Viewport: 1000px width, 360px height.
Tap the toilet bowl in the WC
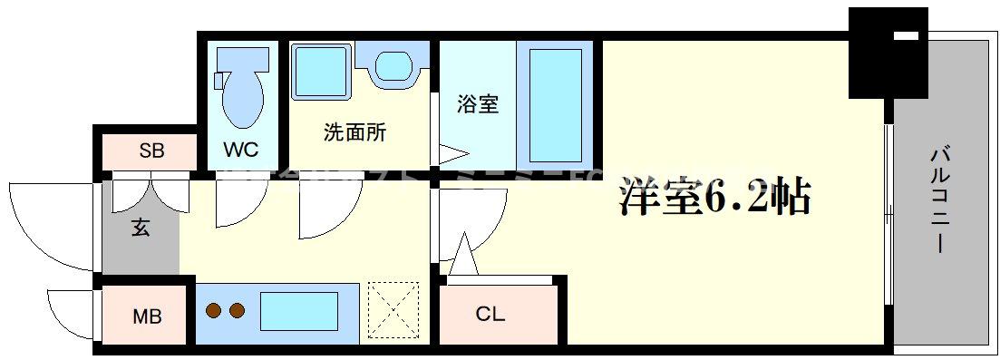(242, 93)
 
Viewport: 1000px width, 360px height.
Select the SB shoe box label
(151, 151)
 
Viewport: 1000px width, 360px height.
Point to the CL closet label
(490, 315)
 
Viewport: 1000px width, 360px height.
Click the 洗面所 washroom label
(355, 132)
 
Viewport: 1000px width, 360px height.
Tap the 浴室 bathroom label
(477, 103)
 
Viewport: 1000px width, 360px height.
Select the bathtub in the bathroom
(555, 104)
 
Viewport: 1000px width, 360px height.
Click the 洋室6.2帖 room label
(714, 197)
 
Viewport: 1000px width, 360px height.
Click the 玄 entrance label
(141, 227)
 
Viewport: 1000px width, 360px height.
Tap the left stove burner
(215, 311)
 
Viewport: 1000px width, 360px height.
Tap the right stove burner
(238, 311)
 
